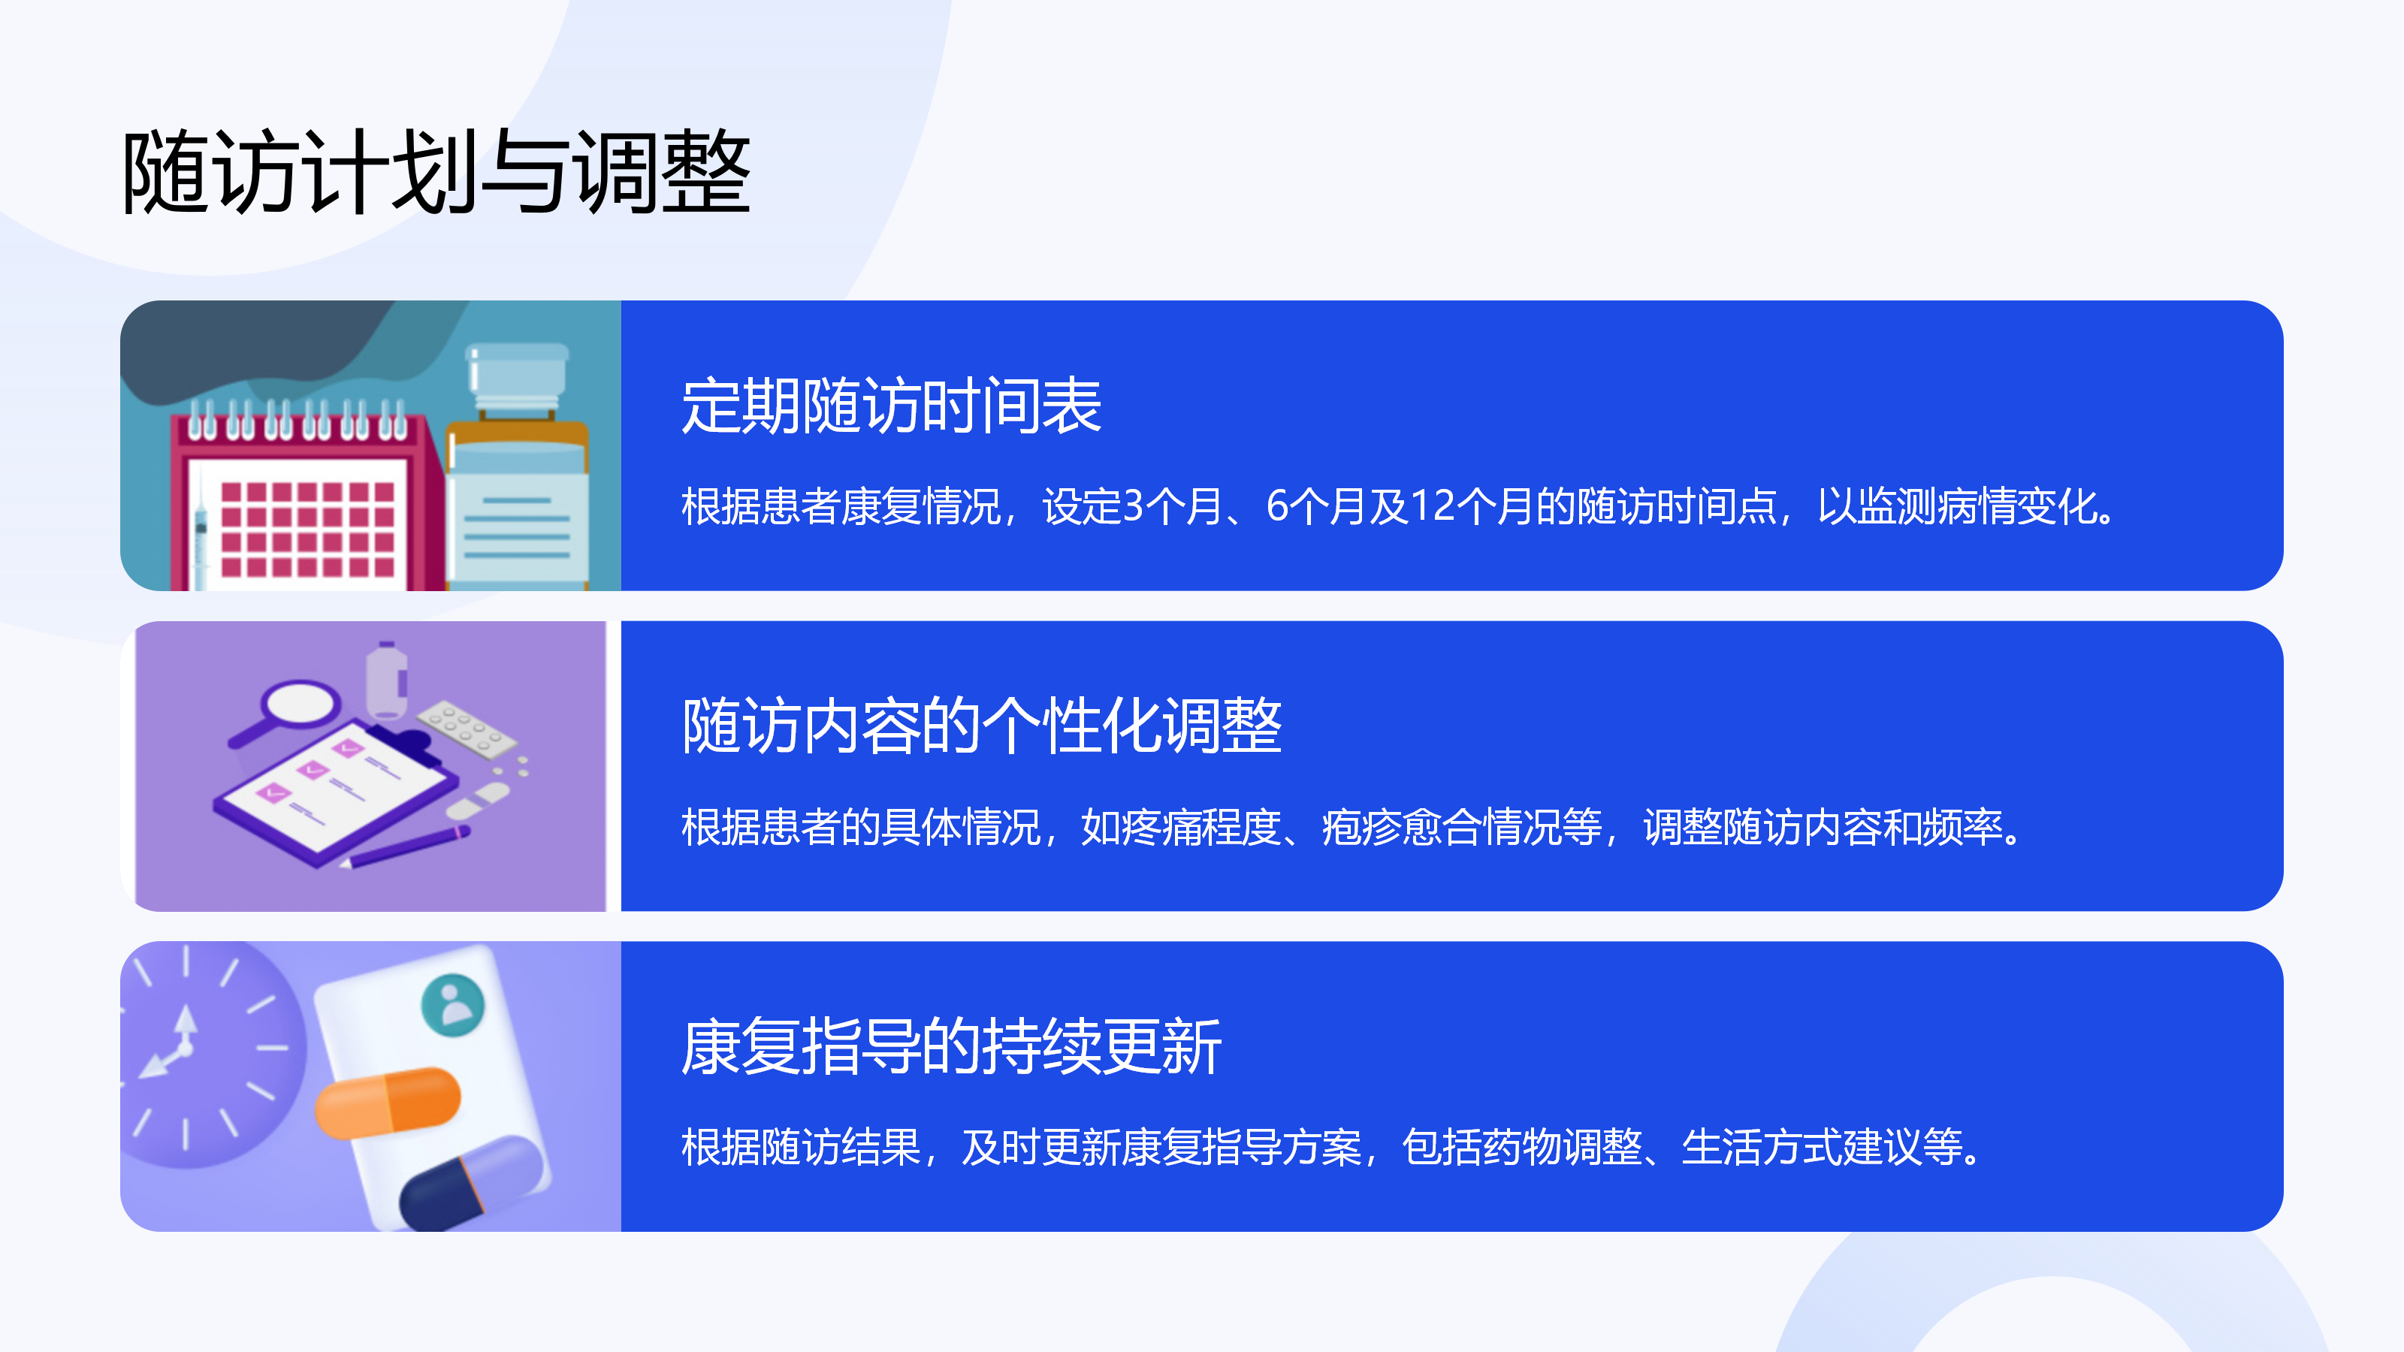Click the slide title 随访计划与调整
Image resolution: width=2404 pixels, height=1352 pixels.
(x=436, y=173)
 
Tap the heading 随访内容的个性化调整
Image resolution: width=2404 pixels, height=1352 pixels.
(x=982, y=725)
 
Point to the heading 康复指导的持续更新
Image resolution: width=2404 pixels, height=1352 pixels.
(x=951, y=1046)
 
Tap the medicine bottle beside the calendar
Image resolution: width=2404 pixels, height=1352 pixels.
(x=517, y=466)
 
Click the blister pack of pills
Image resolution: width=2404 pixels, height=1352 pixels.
(x=466, y=727)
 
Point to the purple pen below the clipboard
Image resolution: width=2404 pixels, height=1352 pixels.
(x=406, y=847)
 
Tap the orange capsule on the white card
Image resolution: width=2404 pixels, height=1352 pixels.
(x=388, y=1103)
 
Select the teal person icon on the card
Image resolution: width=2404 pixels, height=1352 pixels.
(x=454, y=1005)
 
